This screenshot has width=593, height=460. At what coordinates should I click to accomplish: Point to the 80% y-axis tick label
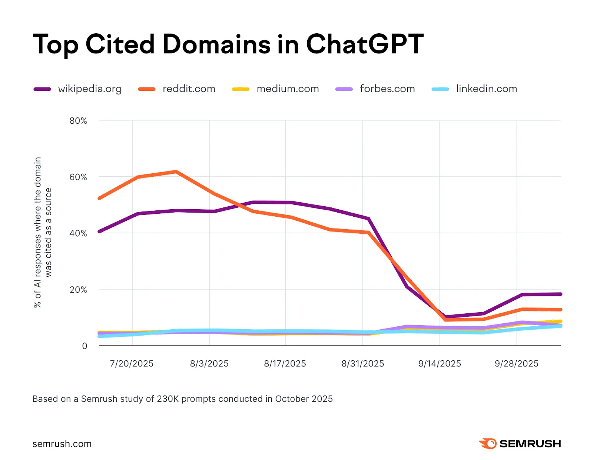pos(78,121)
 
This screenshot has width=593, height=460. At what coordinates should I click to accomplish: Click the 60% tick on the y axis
pos(78,177)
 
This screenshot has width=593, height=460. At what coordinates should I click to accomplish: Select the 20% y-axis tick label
pos(78,290)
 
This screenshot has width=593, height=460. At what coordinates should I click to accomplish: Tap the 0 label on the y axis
pos(85,346)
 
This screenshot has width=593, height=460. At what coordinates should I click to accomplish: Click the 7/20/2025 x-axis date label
pos(132,364)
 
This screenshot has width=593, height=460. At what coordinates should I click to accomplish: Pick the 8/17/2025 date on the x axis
pos(285,364)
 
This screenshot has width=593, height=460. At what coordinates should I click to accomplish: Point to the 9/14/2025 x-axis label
pos(440,364)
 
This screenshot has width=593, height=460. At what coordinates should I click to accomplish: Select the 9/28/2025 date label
pos(516,364)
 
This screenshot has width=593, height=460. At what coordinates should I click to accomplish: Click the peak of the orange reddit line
pos(176,171)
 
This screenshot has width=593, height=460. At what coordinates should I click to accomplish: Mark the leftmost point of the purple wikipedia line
pos(99,231)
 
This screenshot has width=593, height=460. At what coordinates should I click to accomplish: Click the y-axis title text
pos(43,233)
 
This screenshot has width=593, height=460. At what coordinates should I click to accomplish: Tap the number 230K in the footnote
pos(168,399)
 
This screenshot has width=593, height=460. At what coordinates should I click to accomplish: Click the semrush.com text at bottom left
pos(62,444)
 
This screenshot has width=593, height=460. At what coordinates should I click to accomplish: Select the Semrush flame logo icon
pos(488,443)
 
